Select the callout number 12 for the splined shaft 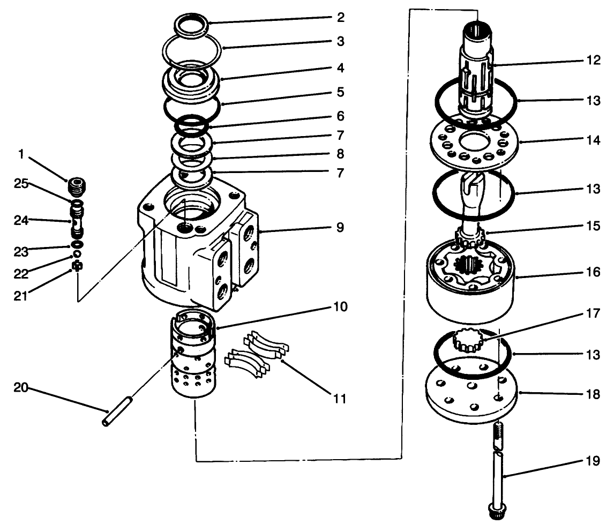(592, 61)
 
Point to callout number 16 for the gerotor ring (592, 273)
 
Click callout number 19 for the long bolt (592, 461)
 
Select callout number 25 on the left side (20, 184)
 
